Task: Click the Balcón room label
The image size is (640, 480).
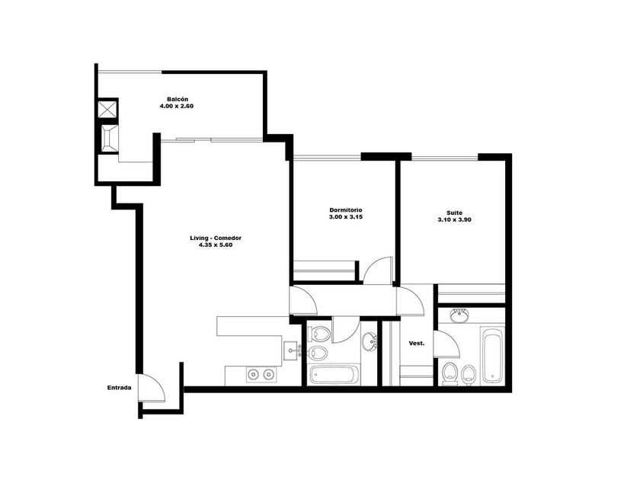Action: pyautogui.click(x=178, y=99)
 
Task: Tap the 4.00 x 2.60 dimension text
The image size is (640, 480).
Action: pyautogui.click(x=177, y=106)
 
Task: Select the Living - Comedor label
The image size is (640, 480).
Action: pyautogui.click(x=216, y=238)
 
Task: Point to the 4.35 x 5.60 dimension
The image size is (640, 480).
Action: pyautogui.click(x=216, y=245)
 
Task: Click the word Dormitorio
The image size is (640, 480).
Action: pyautogui.click(x=346, y=210)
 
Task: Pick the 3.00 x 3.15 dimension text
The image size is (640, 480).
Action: pyautogui.click(x=346, y=217)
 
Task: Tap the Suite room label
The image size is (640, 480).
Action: pyautogui.click(x=454, y=213)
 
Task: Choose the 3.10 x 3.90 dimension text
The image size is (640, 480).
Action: pyautogui.click(x=454, y=219)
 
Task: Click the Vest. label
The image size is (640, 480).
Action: pyautogui.click(x=417, y=344)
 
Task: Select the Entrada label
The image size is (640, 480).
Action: pyautogui.click(x=119, y=388)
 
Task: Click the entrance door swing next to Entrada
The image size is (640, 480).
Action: pyautogui.click(x=152, y=388)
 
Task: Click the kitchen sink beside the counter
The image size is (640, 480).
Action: pyautogui.click(x=292, y=351)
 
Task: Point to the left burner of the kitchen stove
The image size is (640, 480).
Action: pyautogui.click(x=254, y=374)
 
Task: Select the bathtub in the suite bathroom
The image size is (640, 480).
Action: pyautogui.click(x=492, y=355)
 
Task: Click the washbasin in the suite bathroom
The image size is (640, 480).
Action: pyautogui.click(x=460, y=315)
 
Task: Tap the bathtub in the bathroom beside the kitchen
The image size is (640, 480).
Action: pyautogui.click(x=334, y=376)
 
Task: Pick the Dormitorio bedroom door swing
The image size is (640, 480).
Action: pyautogui.click(x=378, y=270)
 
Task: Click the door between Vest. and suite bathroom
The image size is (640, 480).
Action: pyautogui.click(x=447, y=344)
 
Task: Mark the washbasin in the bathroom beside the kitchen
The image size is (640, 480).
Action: pyautogui.click(x=370, y=341)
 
